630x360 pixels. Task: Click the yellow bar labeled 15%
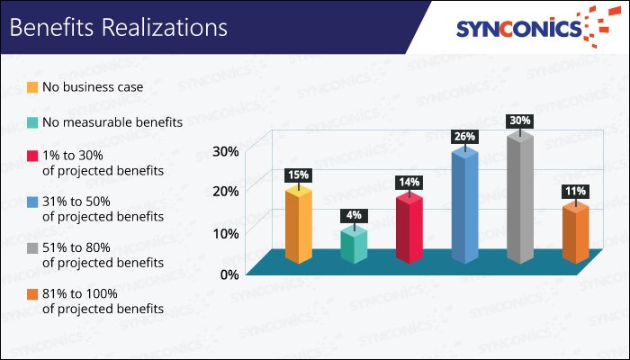(298, 226)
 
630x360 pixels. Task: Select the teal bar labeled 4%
(354, 246)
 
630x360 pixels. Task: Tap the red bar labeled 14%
(409, 229)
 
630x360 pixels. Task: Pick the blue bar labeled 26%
(464, 206)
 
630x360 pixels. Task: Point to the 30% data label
(520, 120)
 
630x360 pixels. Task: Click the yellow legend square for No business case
(32, 88)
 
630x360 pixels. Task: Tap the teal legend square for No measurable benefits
(32, 122)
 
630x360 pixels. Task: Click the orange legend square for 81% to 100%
(32, 293)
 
